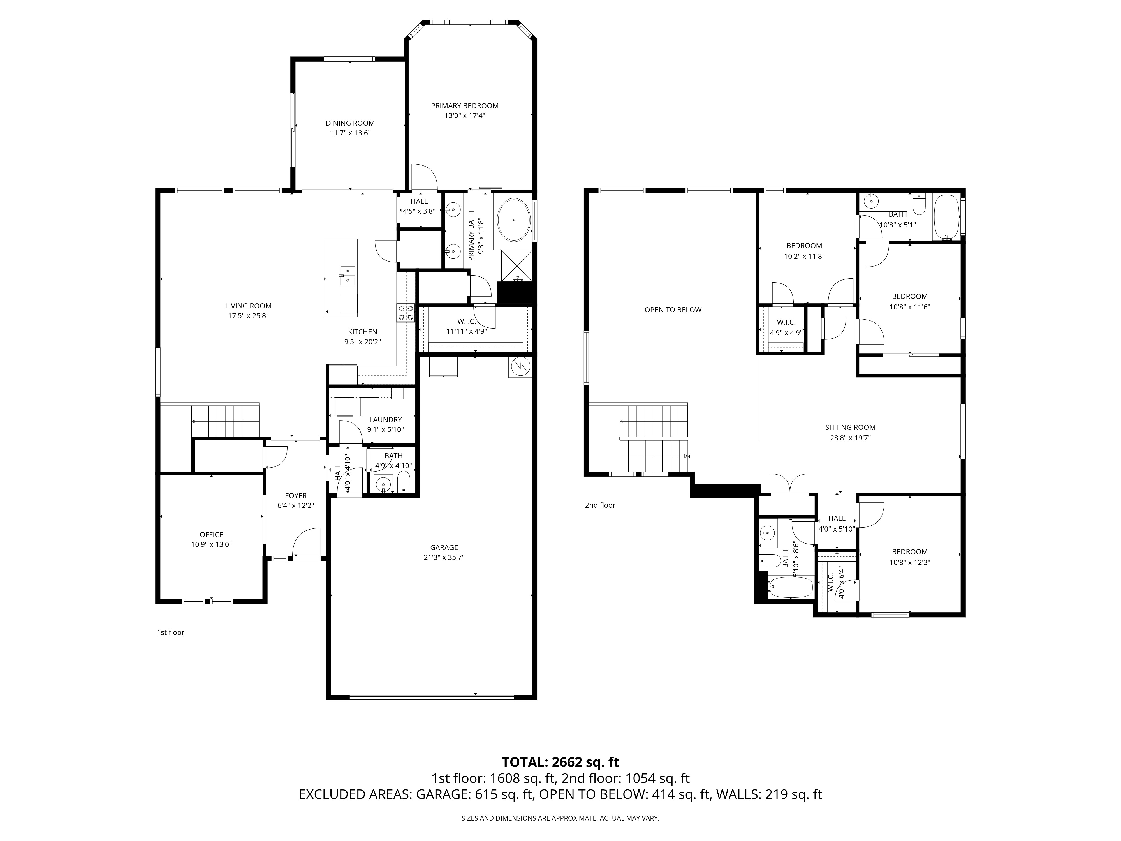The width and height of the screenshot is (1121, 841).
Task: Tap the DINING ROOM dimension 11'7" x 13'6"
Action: [x=350, y=133]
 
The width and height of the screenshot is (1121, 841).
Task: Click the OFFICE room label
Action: [x=211, y=534]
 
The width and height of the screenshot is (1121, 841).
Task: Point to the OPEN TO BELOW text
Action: [x=673, y=310]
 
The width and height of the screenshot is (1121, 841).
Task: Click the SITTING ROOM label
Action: [x=850, y=427]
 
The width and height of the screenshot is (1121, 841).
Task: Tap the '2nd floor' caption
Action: [x=600, y=505]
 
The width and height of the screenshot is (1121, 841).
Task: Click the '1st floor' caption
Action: [x=170, y=632]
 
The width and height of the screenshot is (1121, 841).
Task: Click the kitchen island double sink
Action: [x=348, y=275]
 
